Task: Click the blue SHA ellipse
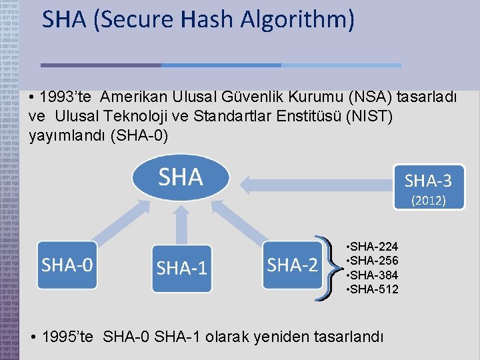click(181, 177)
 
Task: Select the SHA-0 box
click(67, 265)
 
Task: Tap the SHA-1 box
click(181, 268)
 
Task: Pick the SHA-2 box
click(292, 265)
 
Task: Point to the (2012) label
click(428, 200)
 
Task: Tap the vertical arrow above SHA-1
click(181, 223)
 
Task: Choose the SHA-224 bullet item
click(373, 247)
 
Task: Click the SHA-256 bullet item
click(373, 261)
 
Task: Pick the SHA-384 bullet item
click(373, 275)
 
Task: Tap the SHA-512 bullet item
click(373, 289)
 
